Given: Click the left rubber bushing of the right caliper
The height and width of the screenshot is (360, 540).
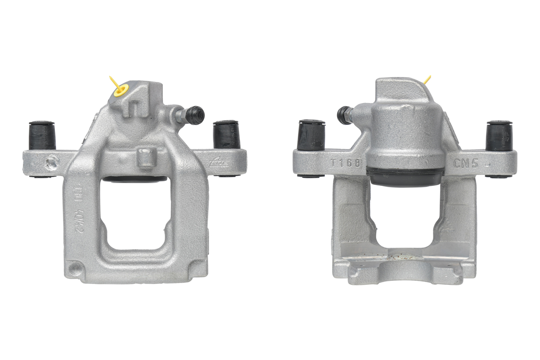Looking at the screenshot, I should (x=312, y=135).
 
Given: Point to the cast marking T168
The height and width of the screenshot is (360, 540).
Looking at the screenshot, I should (x=345, y=163).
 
